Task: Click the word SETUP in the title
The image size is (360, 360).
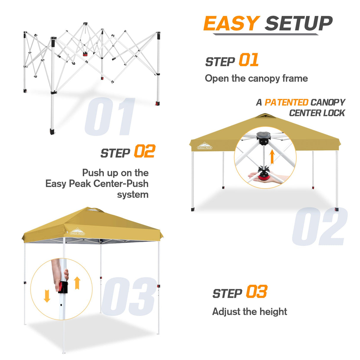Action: coord(298,23)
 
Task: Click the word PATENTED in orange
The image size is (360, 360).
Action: coord(286,102)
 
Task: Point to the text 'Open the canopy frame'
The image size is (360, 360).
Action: coord(256,78)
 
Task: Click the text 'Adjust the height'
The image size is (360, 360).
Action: coord(249,311)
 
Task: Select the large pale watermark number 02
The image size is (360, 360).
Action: coord(319,227)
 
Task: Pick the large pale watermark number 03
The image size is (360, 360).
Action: coord(128,297)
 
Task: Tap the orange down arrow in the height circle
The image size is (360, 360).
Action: coord(47,296)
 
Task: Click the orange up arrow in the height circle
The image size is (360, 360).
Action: coord(77,283)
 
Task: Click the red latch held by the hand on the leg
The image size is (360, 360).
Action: coord(63,287)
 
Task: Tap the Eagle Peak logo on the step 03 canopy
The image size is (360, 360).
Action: coord(77,232)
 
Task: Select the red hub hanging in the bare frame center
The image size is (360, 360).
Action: coord(85,54)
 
